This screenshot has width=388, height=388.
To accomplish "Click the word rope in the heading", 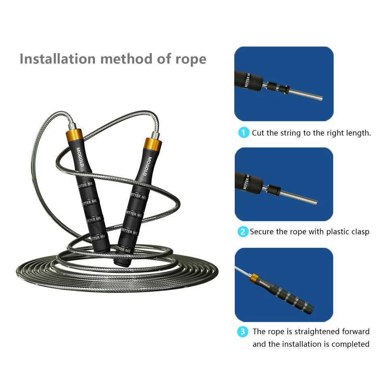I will coord(190,59).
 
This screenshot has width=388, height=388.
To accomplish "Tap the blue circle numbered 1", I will coord(243,133).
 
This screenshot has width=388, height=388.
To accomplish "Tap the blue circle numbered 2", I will coord(242,232).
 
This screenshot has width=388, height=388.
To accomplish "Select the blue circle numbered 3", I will coord(242,332).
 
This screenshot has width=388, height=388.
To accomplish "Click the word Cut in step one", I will coord(258,133).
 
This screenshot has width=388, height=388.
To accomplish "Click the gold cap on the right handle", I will coord(153,144).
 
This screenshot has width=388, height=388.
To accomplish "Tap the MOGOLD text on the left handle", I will coord(80,157).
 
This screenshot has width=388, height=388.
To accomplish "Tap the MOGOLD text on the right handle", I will coord(149,166).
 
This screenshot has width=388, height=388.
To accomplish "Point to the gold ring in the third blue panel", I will coord(254,278).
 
